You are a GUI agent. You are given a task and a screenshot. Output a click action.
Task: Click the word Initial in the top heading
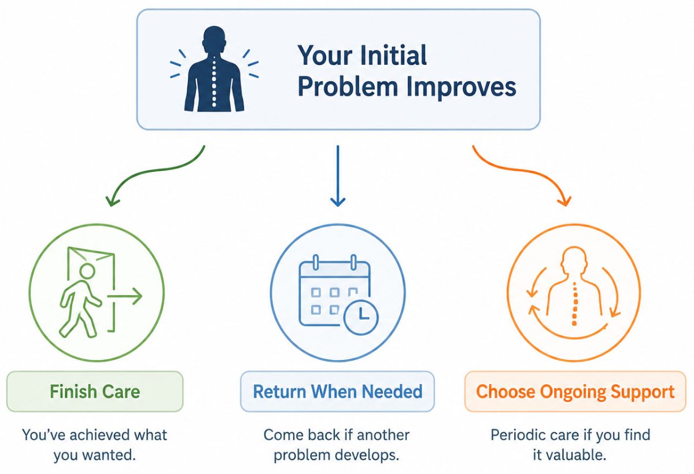coord(393,55)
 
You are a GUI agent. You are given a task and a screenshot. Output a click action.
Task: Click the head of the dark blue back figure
coord(214,37)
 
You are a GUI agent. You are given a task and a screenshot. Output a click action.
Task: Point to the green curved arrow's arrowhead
coord(112,201)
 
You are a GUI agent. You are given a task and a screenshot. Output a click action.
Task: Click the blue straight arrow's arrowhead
coord(338,201)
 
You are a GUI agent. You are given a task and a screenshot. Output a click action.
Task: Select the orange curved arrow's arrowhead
coord(565,201)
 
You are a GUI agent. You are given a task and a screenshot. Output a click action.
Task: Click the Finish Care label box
coord(95,391)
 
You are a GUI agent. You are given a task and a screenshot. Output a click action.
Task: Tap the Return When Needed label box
coord(337,391)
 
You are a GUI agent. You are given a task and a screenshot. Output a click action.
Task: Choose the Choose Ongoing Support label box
coord(575,391)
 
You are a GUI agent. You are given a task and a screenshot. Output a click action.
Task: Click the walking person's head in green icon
coord(87,271)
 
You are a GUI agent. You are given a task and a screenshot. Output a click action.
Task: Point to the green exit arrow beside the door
coord(124,296)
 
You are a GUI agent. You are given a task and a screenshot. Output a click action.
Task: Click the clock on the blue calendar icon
coord(361,317)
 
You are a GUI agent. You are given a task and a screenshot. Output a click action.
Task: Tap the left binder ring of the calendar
coord(316,263)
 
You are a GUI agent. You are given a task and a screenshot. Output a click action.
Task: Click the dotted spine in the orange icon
coord(574,304)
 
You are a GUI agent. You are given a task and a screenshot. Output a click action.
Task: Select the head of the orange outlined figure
coord(574,259)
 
